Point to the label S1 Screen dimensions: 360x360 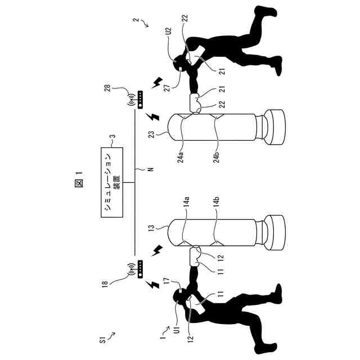point(102,340)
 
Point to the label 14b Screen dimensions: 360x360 point(215,214)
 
